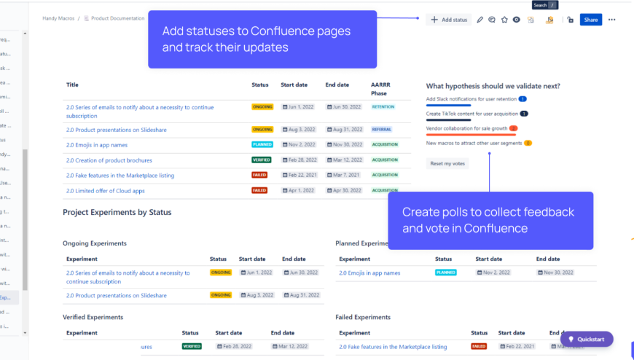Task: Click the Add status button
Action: [x=449, y=20]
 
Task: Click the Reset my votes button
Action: [x=447, y=163]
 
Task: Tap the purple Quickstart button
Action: [x=587, y=339]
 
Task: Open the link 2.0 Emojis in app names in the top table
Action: [x=96, y=144]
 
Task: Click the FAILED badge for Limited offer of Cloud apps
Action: [x=259, y=190]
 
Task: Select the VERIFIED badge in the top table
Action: [x=262, y=160]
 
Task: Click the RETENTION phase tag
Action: [x=383, y=107]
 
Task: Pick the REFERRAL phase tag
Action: [x=382, y=130]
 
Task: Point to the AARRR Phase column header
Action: [x=380, y=89]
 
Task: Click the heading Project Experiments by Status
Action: [x=117, y=212]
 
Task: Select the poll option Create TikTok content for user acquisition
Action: [x=472, y=114]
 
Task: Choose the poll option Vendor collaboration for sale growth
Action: [x=466, y=128]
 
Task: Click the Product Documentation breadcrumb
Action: [x=118, y=18]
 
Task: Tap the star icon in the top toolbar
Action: [x=504, y=20]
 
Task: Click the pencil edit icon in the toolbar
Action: [x=480, y=20]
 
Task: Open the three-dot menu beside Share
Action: [x=611, y=20]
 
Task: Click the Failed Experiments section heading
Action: [x=363, y=317]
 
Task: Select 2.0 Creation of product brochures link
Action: [x=109, y=160]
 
